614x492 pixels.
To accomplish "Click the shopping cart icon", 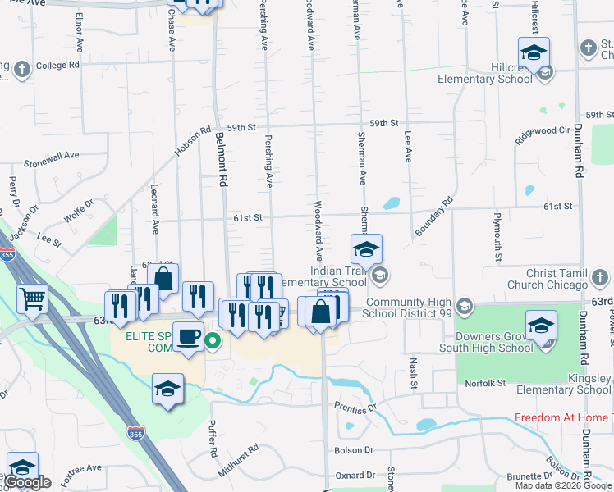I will (x=32, y=300).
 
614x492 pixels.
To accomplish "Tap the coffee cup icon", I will (x=188, y=336).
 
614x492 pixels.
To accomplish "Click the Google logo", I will (x=27, y=482).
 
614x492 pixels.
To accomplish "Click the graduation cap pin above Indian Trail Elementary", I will (x=366, y=248).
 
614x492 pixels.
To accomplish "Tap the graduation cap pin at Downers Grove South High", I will (x=542, y=326).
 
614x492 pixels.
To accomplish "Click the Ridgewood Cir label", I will (x=542, y=134).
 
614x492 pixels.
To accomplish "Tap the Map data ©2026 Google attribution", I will (x=562, y=485).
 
